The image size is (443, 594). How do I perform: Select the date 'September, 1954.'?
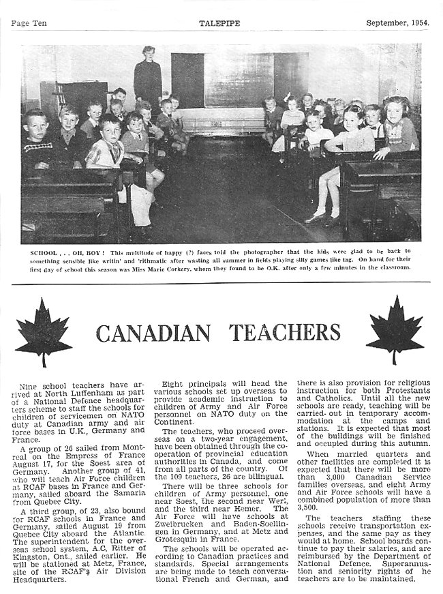pyautogui.click(x=397, y=23)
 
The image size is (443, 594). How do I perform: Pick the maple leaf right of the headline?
pyautogui.click(x=395, y=329)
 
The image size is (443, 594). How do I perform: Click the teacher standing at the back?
pyautogui.click(x=147, y=78)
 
